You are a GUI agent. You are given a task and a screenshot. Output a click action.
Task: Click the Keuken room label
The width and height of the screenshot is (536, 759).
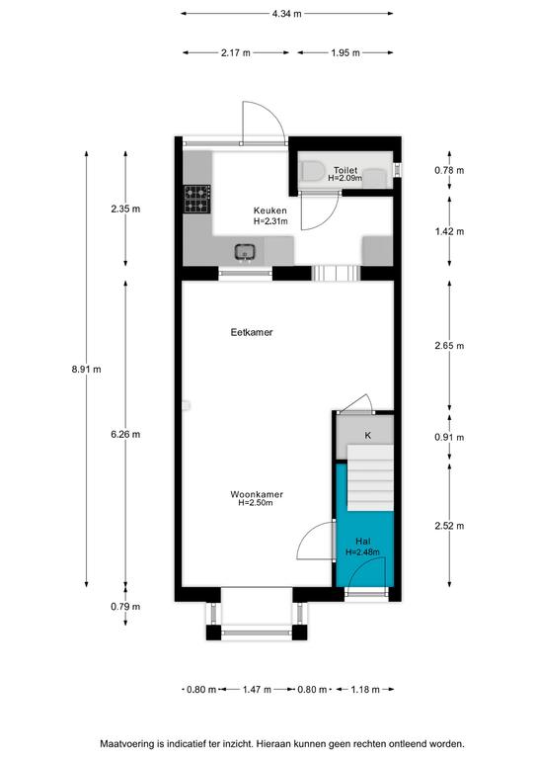click(270, 211)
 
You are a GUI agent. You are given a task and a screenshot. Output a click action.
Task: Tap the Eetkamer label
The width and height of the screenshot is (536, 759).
click(252, 332)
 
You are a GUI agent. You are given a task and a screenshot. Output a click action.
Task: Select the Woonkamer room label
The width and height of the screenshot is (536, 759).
click(257, 494)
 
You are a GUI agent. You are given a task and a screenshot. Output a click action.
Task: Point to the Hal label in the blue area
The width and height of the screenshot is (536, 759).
click(363, 542)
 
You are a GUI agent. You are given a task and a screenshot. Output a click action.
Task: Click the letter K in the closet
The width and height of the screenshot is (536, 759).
click(368, 436)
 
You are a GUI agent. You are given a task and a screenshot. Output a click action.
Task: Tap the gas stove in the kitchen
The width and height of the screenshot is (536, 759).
click(197, 199)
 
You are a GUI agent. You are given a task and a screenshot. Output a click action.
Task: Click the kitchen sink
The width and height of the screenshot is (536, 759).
click(245, 252)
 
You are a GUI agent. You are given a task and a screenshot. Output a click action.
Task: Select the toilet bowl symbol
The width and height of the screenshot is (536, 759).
click(312, 171)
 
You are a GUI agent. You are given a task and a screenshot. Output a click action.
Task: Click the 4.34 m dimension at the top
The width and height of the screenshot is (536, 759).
click(286, 14)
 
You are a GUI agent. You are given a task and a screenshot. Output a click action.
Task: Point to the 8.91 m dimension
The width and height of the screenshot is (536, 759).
click(87, 370)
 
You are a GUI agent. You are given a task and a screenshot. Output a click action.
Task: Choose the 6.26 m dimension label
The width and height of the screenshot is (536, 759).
click(125, 434)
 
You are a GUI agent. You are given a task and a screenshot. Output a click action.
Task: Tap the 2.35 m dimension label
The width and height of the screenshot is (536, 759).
click(125, 210)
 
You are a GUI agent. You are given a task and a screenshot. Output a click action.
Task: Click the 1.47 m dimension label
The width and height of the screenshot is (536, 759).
click(257, 689)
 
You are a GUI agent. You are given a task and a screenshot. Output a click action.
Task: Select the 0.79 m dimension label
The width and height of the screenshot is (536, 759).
click(125, 607)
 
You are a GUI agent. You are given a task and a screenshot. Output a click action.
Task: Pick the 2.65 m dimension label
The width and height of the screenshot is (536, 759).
click(449, 346)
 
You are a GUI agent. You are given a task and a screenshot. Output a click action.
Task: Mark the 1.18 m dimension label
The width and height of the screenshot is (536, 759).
click(365, 689)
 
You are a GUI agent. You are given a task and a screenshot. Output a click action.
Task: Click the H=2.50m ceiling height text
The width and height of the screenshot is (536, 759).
click(256, 503)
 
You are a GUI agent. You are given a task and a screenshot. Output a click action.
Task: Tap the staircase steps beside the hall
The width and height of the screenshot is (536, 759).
click(370, 478)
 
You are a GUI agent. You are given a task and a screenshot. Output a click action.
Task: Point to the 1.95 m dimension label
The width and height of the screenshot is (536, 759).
click(345, 52)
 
